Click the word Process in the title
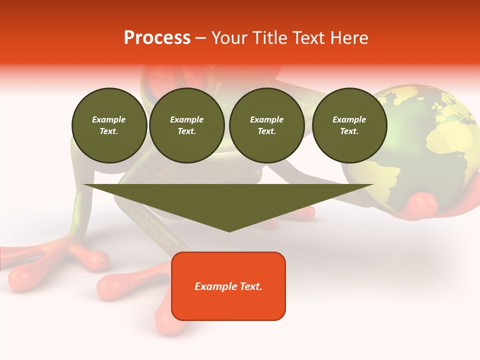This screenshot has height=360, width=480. point(157,38)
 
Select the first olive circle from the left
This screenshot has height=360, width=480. point(109,125)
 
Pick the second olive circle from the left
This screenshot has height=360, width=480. point(187,125)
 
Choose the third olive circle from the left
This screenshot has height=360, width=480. point(266,125)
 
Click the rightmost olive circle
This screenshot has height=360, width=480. point(349,125)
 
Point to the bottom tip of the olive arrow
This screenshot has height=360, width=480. point(229,231)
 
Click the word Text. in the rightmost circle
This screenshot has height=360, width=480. point(349,131)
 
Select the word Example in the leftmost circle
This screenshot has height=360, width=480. point(109,119)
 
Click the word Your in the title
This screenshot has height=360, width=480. point(229,38)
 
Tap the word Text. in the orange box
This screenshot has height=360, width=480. point(250,286)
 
